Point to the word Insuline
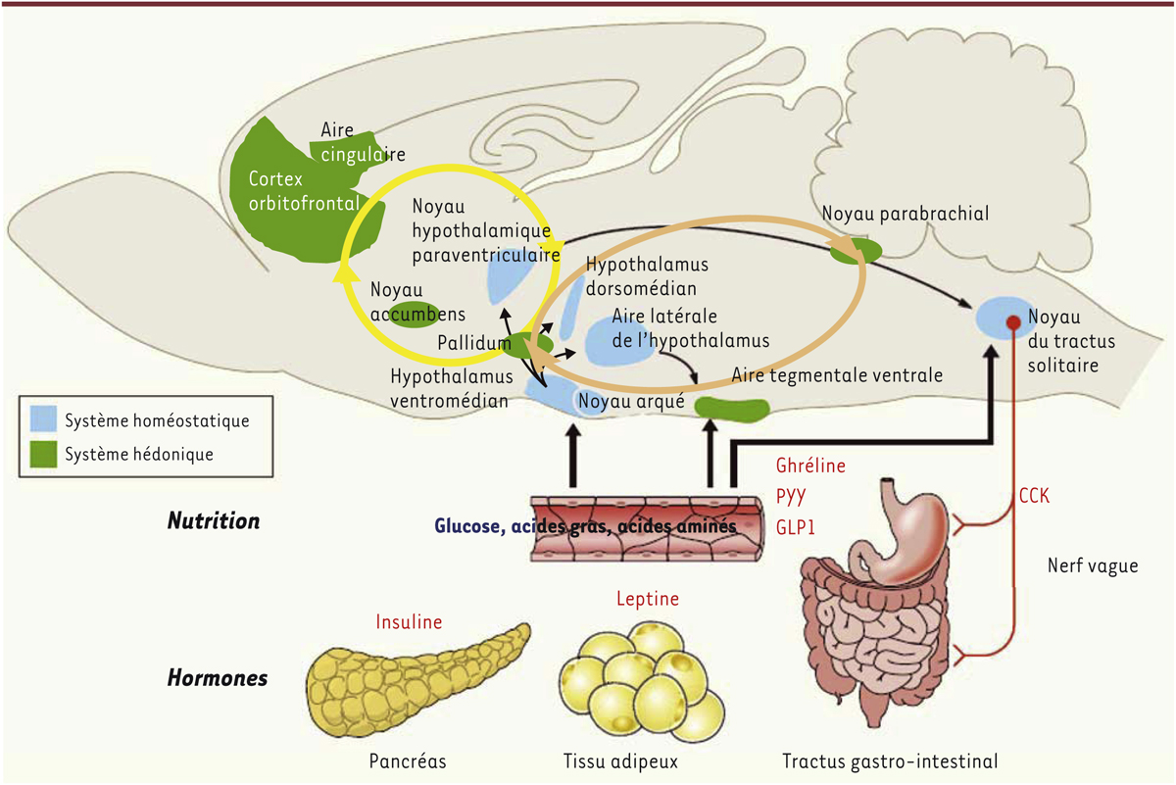click(x=409, y=621)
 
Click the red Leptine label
click(x=648, y=598)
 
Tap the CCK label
click(x=1034, y=497)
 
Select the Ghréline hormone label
click(x=809, y=466)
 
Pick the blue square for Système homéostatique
click(x=43, y=420)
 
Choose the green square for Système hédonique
click(x=43, y=454)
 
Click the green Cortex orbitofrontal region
click(x=279, y=196)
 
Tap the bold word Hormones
click(x=217, y=677)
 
